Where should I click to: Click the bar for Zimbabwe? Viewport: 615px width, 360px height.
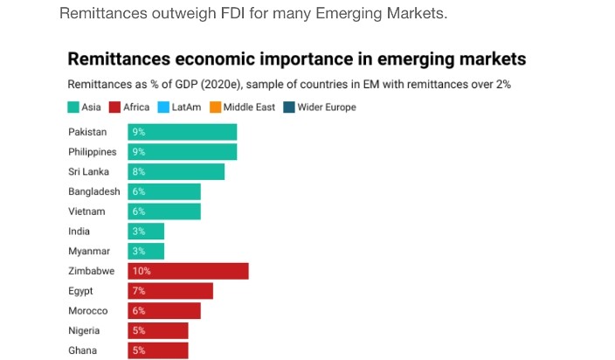pos(188,271)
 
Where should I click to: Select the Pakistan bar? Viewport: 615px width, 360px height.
pos(182,132)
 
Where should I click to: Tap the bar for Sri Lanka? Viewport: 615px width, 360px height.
pos(176,171)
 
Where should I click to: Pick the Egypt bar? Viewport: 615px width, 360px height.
pos(170,291)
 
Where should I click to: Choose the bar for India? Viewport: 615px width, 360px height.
pos(146,232)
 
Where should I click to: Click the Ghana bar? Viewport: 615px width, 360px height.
pos(158,350)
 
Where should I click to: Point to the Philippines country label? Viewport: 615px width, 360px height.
pos(92,152)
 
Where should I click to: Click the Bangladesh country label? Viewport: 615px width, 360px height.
pos(93,191)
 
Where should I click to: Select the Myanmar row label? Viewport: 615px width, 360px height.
pos(88,252)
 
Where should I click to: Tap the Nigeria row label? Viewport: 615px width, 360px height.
pos(84,330)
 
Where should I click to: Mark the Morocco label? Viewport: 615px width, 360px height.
pos(86,311)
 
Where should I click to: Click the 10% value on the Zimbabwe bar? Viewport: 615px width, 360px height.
pos(142,272)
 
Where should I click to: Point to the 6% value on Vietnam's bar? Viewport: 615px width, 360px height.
pos(138,211)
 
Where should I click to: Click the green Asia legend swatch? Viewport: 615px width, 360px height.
pos(74,107)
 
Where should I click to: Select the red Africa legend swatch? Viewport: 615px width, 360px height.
pos(114,107)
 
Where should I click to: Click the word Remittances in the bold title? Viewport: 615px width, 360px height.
pos(118,60)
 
